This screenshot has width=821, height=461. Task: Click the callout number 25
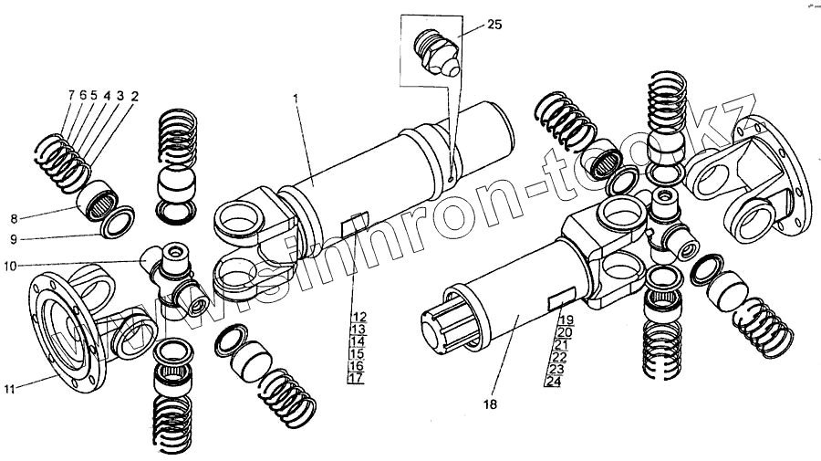click(x=494, y=25)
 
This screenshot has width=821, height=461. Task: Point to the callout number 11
click(x=10, y=390)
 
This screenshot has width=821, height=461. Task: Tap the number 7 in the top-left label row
click(x=71, y=96)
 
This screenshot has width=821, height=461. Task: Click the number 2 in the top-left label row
click(x=134, y=96)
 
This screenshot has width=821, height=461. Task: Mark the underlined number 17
click(x=357, y=378)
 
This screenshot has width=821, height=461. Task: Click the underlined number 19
click(x=566, y=320)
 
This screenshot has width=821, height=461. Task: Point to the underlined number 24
click(x=553, y=382)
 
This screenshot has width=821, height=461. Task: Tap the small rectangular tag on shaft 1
click(x=353, y=225)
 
